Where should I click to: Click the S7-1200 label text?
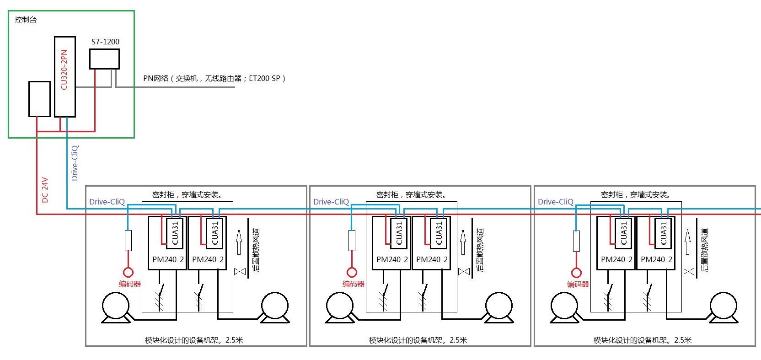[105, 42]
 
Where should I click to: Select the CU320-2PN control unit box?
[64, 76]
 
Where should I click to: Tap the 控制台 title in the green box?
[26, 20]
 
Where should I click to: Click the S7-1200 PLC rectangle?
[104, 59]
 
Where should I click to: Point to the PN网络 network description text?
[214, 78]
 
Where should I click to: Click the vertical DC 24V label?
[45, 190]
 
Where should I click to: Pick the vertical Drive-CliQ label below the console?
[75, 163]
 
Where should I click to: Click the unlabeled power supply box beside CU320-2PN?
[39, 99]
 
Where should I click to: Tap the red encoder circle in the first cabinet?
[128, 273]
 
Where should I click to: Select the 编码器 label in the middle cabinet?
[354, 284]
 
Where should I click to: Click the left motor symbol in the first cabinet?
[116, 306]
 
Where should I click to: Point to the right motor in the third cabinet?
[723, 306]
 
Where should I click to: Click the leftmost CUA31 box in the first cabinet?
[174, 233]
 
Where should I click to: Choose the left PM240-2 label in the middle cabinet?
[392, 259]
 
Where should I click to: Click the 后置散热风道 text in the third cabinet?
[704, 250]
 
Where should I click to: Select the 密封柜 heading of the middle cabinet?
[412, 195]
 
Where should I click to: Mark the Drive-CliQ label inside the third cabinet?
[555, 202]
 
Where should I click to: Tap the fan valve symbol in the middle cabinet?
[464, 271]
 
